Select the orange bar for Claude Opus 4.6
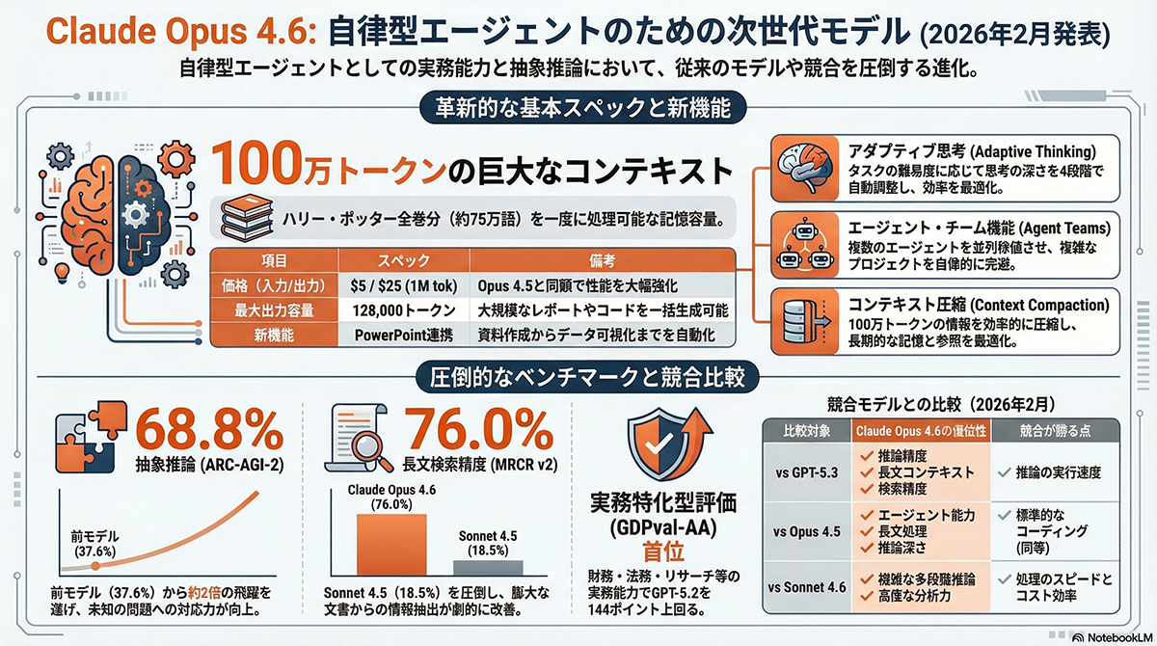click(386, 544)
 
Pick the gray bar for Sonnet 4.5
click(489, 568)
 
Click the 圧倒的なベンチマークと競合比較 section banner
click(578, 376)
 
